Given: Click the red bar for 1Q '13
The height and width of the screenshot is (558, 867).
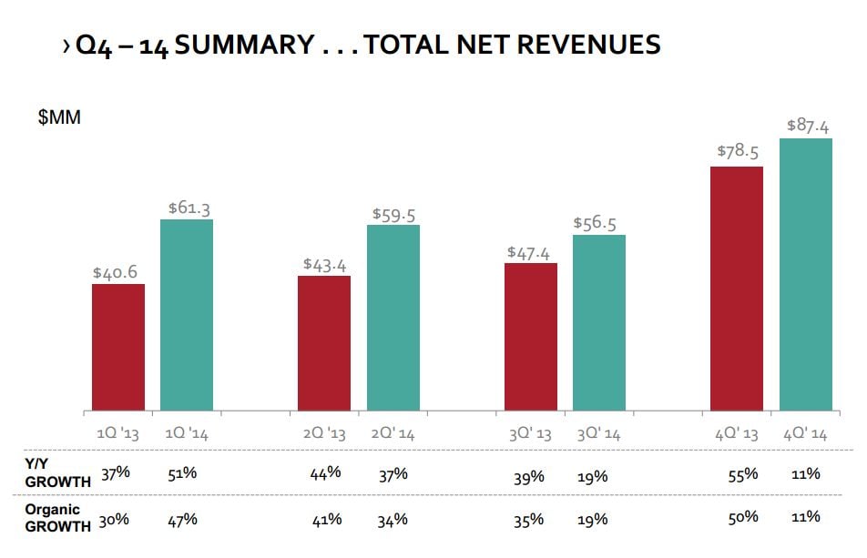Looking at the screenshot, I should coord(118,347).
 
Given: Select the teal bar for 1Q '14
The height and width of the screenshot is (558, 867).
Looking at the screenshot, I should coord(187,315).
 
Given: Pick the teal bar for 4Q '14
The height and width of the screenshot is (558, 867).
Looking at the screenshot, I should coord(806,274).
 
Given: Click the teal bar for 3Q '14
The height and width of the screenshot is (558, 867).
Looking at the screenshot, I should coord(599,322).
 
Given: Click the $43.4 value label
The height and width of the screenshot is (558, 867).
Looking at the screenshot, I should coord(325,263).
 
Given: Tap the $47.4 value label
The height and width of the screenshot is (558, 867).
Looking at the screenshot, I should coord(530,252).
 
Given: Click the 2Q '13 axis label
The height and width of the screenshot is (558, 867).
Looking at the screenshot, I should coord(324,434).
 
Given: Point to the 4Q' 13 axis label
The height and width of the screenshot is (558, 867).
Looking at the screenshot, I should coord(737,434).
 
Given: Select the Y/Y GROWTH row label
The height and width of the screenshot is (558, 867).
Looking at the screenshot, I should coord(57,472).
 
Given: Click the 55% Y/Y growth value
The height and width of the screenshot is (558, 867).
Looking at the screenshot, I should coord(742,474).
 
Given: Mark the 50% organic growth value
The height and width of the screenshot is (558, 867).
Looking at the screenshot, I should coord(742,518).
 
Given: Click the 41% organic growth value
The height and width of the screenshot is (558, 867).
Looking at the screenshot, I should coord(327,519).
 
